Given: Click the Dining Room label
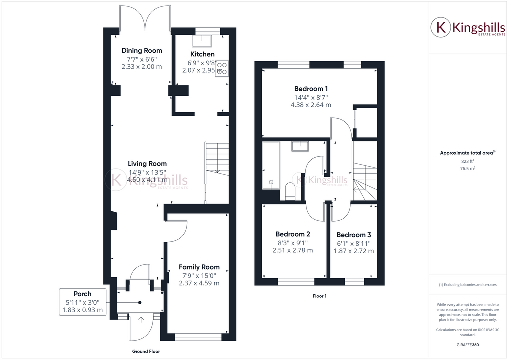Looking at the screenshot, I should coord(142,50).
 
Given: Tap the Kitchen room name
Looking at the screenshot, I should coord(202,54).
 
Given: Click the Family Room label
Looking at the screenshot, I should coord(199,267).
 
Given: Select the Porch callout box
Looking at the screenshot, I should coord(83,302).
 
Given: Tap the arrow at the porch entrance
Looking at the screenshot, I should coord(140,319).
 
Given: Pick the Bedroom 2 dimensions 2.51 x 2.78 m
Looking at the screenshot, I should coord(293,250).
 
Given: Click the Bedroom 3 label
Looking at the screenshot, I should coord(354,235).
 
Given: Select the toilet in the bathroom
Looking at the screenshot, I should coord(289,191).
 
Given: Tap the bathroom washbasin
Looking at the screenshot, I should coord(301,146).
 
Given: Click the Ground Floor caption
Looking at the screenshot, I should coord(146,351).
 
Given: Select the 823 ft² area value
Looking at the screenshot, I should coord(467,161).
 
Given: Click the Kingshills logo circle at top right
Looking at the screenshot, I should coord(441,28).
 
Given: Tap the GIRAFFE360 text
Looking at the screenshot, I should coord(468,345).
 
